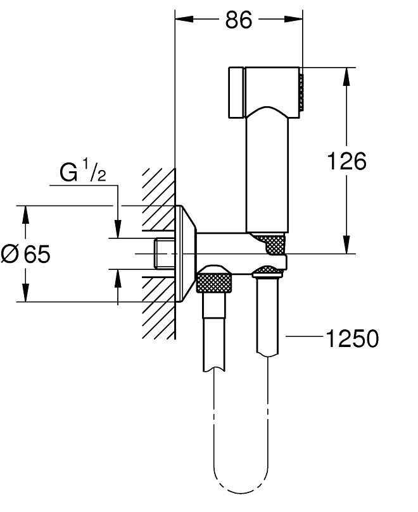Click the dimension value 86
(238, 20)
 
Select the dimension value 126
(346, 161)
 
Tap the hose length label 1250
(351, 339)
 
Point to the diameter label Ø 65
(25, 254)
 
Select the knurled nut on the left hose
(215, 279)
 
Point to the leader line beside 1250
(303, 339)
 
